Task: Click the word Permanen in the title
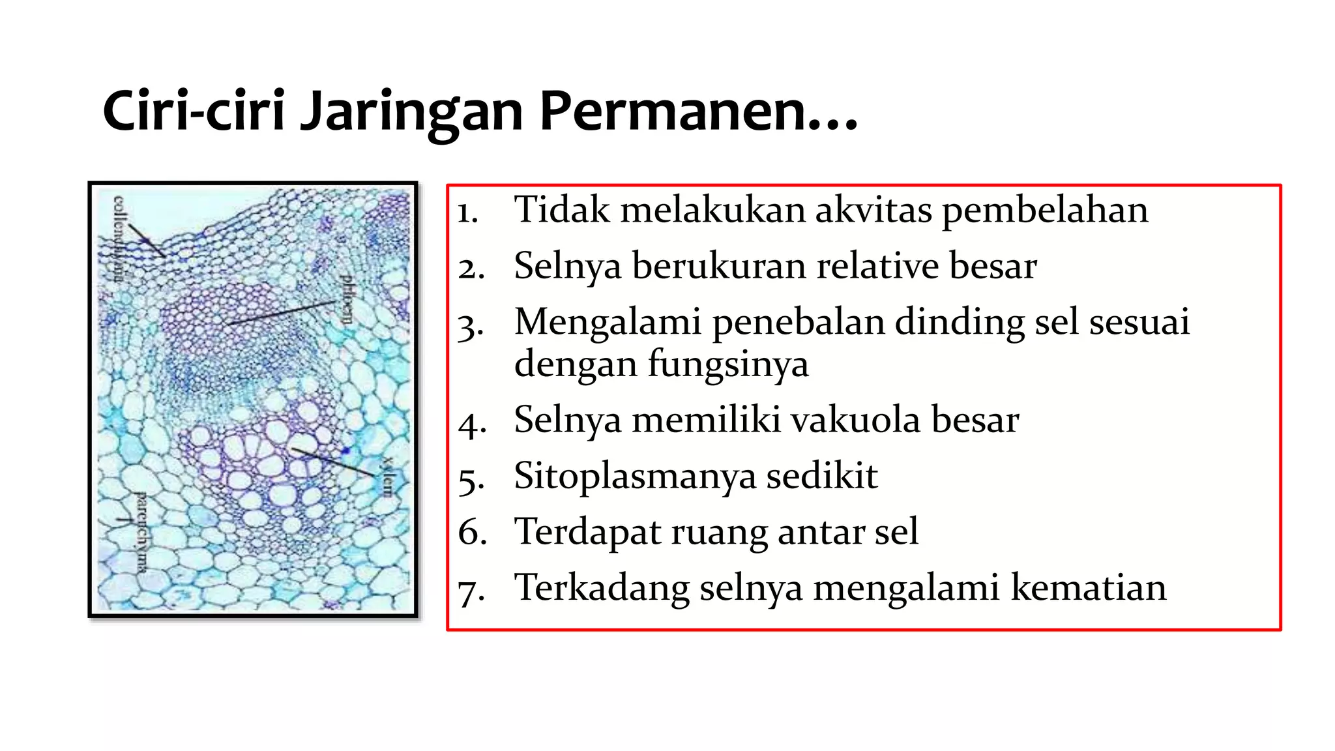[x=697, y=111]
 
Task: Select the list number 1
[x=467, y=213]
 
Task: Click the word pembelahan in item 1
[x=1045, y=211]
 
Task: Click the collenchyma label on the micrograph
[x=119, y=239]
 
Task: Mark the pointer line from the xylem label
[x=332, y=462]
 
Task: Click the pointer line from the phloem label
[x=280, y=313]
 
